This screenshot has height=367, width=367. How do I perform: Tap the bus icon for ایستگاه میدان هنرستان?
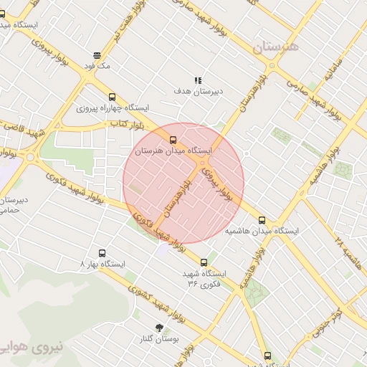click(173, 139)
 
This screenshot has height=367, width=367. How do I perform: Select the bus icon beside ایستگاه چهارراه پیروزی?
click(111, 97)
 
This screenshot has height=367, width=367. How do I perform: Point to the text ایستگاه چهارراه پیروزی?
click(113, 108)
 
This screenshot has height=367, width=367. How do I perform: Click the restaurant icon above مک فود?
click(97, 54)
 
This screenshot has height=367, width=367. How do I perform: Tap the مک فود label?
click(97, 66)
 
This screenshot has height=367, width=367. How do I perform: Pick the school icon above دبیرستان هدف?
click(198, 80)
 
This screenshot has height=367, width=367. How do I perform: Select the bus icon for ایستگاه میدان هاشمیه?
click(262, 220)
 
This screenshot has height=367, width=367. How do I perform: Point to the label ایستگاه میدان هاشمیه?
click(262, 232)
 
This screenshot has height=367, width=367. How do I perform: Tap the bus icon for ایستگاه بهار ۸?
click(102, 253)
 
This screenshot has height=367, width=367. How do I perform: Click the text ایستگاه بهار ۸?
click(103, 264)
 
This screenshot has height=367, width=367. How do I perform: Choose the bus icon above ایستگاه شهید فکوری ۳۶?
click(204, 262)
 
